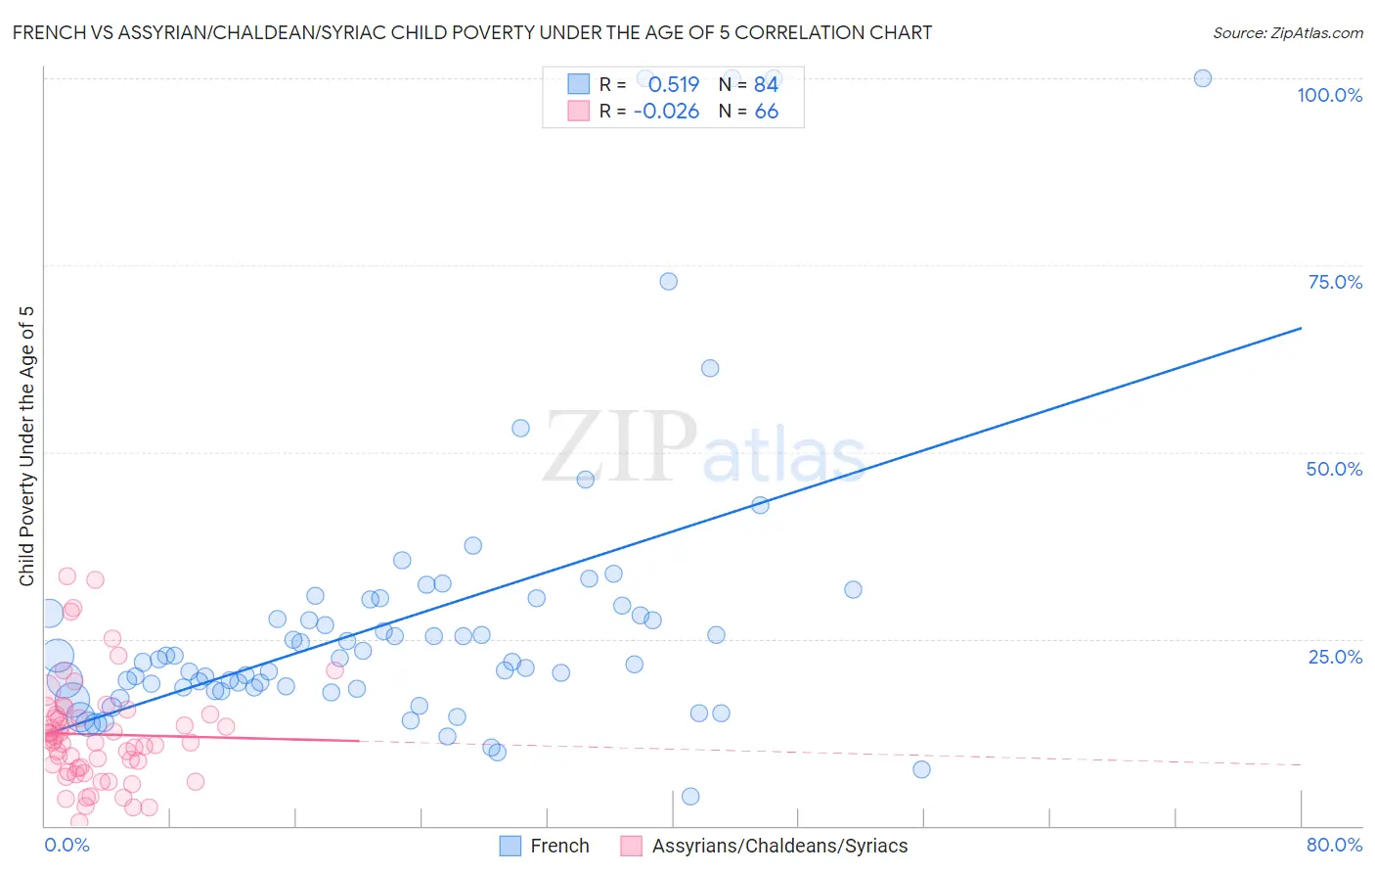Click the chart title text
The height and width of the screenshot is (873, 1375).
(472, 32)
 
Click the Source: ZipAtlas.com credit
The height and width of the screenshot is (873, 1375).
(1287, 32)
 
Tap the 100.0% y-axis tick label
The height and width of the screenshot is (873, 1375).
(1329, 95)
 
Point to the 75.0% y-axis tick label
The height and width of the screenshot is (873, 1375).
(1335, 282)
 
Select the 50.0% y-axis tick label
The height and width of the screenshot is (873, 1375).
(1334, 469)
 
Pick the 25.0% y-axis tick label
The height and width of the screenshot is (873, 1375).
(1335, 657)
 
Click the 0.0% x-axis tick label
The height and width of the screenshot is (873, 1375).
(67, 845)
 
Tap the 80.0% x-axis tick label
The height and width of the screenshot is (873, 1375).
(1334, 845)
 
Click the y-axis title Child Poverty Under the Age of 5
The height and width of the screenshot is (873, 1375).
(27, 445)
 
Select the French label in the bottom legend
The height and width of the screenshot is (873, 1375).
(559, 846)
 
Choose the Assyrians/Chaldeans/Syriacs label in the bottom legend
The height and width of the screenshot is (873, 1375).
(779, 846)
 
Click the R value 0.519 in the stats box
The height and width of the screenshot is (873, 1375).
(673, 84)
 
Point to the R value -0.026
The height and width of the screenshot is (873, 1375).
(666, 112)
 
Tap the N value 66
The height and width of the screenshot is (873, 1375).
(766, 112)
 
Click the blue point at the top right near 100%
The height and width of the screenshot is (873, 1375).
(1203, 78)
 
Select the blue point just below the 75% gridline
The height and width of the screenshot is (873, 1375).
(668, 281)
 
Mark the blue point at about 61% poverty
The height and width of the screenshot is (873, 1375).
(710, 368)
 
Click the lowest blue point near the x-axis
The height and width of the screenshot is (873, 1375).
(690, 796)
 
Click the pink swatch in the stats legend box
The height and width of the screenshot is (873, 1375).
(579, 111)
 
